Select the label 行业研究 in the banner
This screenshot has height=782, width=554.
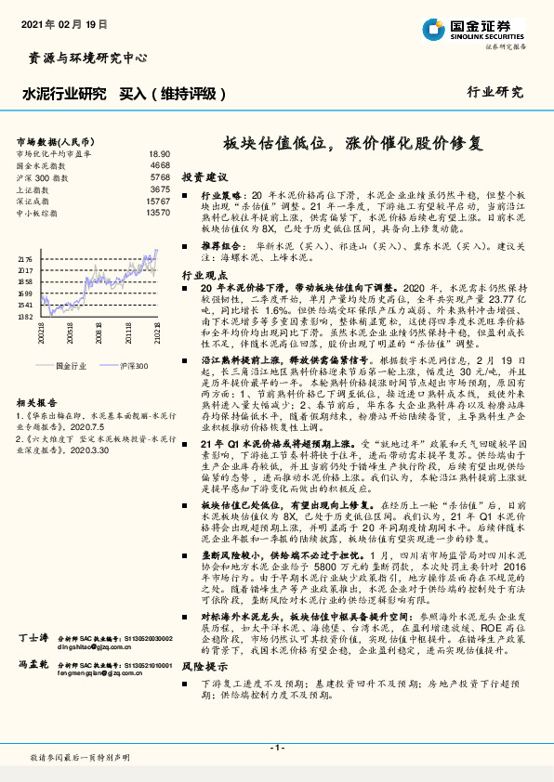click(x=495, y=92)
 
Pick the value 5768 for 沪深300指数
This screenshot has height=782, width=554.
click(x=160, y=176)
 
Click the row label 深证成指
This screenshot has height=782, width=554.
click(x=33, y=201)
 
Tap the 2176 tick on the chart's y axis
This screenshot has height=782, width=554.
click(x=25, y=260)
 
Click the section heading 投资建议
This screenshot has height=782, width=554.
click(x=204, y=176)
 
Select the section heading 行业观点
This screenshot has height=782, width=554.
click(x=204, y=276)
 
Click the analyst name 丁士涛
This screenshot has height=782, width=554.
click(x=33, y=640)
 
